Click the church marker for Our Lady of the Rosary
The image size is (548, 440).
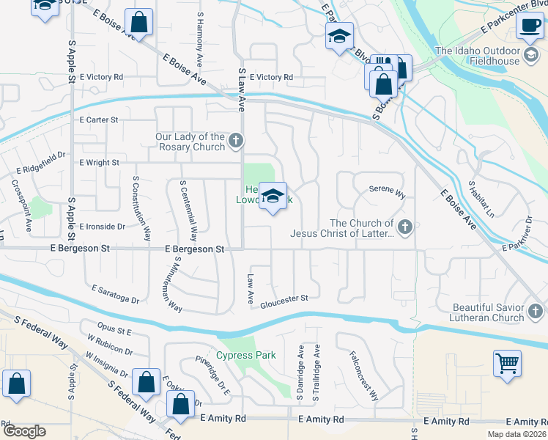coord(235,139)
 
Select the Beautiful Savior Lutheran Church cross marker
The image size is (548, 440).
coord(535,312)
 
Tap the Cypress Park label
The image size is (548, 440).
coord(246,356)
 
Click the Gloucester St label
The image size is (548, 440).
coord(284,299)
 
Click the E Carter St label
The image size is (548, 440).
coord(99,120)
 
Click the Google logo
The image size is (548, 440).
coord(24,431)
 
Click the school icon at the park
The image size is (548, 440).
coord(273,196)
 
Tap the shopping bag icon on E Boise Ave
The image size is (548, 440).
coord(139,23)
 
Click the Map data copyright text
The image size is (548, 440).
coord(517,434)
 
